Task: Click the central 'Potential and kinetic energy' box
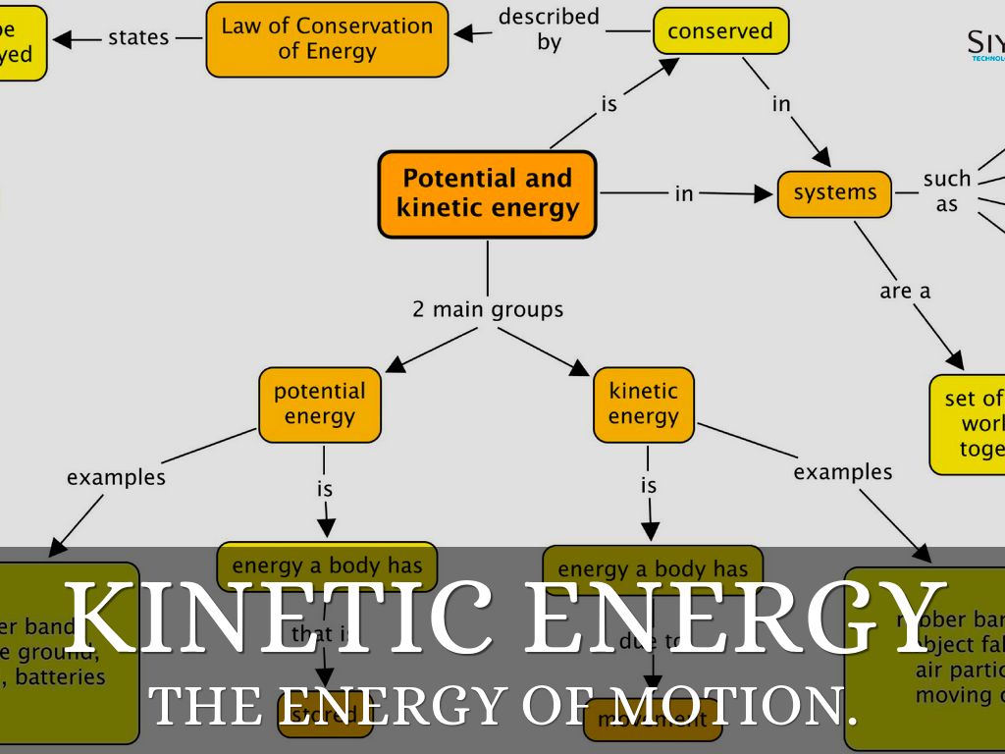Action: point(487,193)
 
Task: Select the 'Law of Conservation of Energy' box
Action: point(327,39)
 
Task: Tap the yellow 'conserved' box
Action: point(720,31)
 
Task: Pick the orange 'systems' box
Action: point(834,193)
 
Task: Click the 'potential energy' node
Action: point(320,404)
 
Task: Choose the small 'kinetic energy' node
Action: point(643,404)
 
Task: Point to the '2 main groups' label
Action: point(488,309)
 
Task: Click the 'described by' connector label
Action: point(549,29)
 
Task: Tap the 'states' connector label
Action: point(138,38)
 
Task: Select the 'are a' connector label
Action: point(904,291)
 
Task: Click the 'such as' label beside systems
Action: point(946,191)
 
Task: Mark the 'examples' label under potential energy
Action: point(116,477)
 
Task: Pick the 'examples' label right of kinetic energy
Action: point(843,472)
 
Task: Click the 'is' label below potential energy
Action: point(325,489)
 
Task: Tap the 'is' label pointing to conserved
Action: point(609,103)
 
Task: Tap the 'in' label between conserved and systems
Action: point(781,103)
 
